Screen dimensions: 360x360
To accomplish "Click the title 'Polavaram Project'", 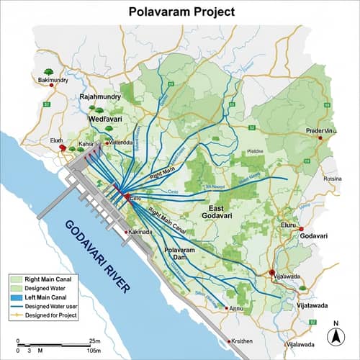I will point(179,12).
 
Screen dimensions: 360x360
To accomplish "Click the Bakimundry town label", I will point(53,81).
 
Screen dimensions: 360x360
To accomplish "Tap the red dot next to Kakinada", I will point(127,233).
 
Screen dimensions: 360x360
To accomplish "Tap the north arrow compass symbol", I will point(335,334).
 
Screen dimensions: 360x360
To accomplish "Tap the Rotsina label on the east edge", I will point(333,179).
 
